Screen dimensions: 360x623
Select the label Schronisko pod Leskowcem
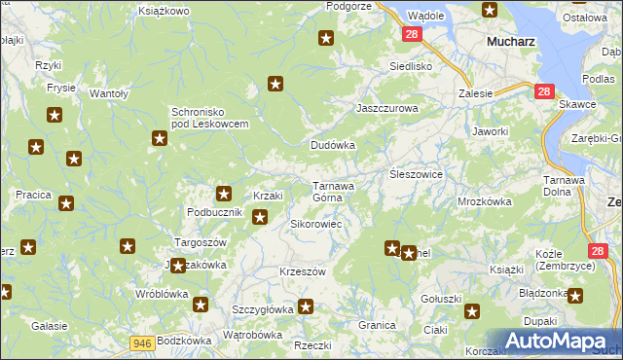click(211, 118)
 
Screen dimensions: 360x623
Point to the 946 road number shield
click(143, 342)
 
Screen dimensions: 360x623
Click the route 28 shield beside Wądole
click(411, 34)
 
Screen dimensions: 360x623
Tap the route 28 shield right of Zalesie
click(544, 91)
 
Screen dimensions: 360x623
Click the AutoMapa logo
click(555, 341)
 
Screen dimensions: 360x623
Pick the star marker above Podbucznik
click(224, 193)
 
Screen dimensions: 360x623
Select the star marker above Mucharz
click(490, 10)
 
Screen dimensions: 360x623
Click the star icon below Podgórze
click(326, 39)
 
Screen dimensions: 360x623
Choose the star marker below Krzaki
click(260, 217)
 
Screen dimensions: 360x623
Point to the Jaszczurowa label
click(387, 109)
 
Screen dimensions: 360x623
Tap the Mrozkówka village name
click(485, 202)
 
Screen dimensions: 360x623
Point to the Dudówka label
click(333, 145)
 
